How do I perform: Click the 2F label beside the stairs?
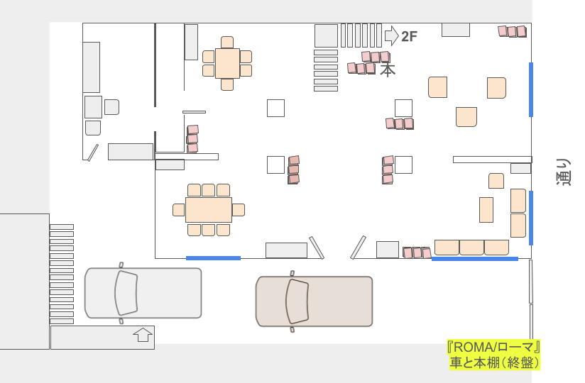click(x=409, y=36)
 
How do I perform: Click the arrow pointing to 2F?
click(x=392, y=35)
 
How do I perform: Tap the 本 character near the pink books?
click(x=388, y=70)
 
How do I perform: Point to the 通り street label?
click(x=564, y=172)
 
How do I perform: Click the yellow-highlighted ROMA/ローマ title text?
click(x=493, y=348)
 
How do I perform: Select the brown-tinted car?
click(x=314, y=301)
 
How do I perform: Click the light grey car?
click(x=143, y=293)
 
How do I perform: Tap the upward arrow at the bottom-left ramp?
click(x=143, y=335)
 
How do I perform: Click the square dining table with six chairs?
click(x=227, y=63)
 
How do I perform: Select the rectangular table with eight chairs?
click(x=209, y=210)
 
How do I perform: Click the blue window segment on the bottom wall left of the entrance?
click(x=214, y=258)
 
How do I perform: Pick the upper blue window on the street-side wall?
click(x=531, y=89)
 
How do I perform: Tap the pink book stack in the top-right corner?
click(x=513, y=31)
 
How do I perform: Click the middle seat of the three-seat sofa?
click(x=471, y=248)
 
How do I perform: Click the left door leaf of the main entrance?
click(x=317, y=248)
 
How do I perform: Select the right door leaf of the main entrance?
click(x=358, y=248)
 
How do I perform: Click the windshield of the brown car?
click(x=297, y=301)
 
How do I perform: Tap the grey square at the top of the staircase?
click(x=326, y=35)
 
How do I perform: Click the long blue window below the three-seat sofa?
click(x=475, y=259)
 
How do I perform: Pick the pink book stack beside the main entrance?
click(x=417, y=252)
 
